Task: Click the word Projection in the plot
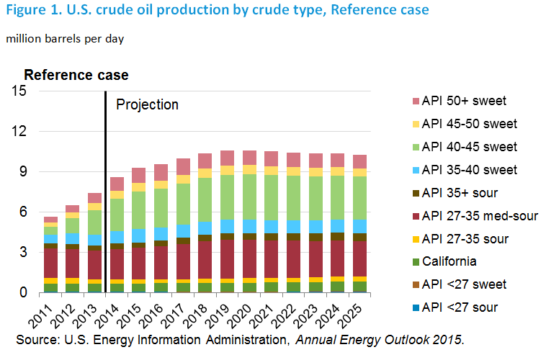pyautogui.click(x=147, y=104)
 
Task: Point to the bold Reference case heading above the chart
pyautogui.click(x=76, y=75)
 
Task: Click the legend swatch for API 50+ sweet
pyautogui.click(x=408, y=101)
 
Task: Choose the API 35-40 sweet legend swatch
pyautogui.click(x=408, y=170)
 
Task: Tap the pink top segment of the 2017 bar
pyautogui.click(x=184, y=166)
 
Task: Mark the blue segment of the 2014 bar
pyautogui.click(x=117, y=238)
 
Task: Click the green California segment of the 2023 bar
pyautogui.click(x=316, y=286)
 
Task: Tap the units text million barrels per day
pyautogui.click(x=66, y=38)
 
